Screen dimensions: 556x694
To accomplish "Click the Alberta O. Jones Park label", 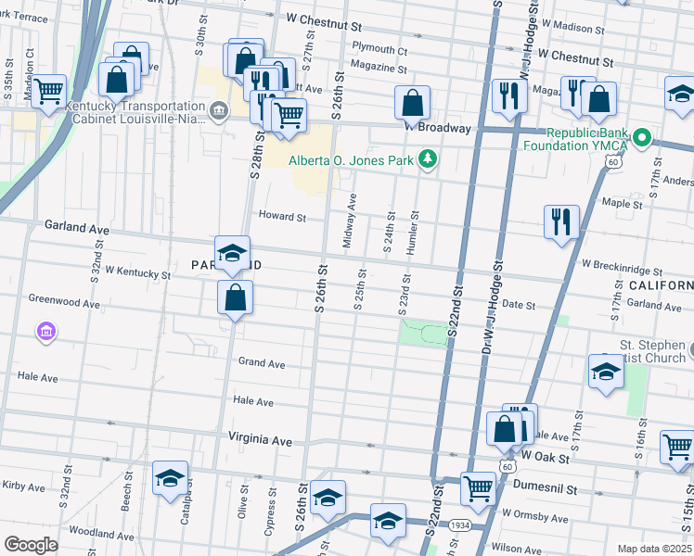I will pyautogui.click(x=351, y=160).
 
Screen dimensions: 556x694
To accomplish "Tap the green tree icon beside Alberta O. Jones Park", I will pyautogui.click(x=427, y=160).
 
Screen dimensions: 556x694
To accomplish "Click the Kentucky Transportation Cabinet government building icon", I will pyautogui.click(x=218, y=111).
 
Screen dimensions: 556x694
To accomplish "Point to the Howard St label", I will pyautogui.click(x=282, y=217).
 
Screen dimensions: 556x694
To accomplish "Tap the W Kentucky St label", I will pyautogui.click(x=137, y=273).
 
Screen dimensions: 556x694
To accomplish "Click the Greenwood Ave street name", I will pyautogui.click(x=64, y=301).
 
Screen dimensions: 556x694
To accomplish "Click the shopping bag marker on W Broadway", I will pyautogui.click(x=412, y=101).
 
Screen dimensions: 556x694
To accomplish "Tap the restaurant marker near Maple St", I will pyautogui.click(x=561, y=221).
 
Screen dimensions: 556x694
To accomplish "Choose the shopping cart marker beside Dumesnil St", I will pyautogui.click(x=478, y=486).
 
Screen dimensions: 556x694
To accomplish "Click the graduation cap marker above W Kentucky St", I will pyautogui.click(x=232, y=252).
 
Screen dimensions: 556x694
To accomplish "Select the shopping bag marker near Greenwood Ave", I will pyautogui.click(x=236, y=297).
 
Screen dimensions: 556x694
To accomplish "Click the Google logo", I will pyautogui.click(x=31, y=544).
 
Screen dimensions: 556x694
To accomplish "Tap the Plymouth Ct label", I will pyautogui.click(x=379, y=50).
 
